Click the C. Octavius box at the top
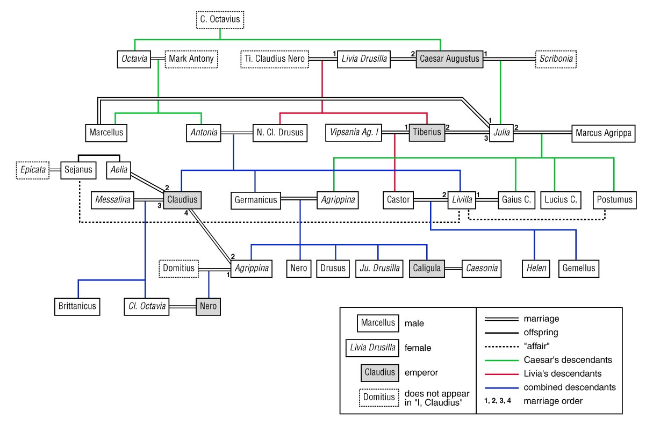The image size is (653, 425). pos(220,20)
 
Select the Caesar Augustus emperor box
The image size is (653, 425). pos(449,59)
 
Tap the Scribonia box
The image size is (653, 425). pos(556,59)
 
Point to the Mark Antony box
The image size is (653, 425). pos(191,59)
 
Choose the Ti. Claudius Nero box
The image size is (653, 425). pos(275,59)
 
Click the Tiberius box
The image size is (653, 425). pos(427,133)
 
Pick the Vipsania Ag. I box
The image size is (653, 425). pos(353,133)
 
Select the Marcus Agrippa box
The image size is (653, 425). pos(603,133)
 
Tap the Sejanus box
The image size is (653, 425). pos(78,170)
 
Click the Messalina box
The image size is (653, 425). pos(112,200)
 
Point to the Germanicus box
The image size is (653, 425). pos(256,200)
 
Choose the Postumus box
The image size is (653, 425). pos(614,200)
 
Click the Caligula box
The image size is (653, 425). pos(427,269)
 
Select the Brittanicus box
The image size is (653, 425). pos(77,306)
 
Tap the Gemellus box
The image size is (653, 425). pos(579,269)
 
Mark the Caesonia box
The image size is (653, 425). pos(482,269)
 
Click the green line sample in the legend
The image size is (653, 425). pos(501,361)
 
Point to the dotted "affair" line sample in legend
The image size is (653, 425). pos(501,347)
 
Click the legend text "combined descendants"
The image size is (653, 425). pos(570,387)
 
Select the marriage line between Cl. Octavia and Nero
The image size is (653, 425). pos(183,306)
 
